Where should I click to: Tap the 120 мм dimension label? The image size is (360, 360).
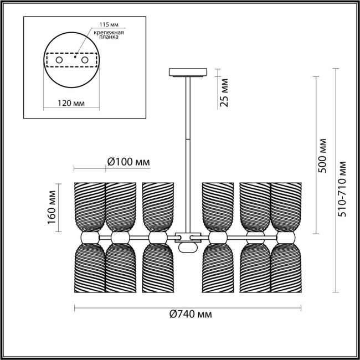[x=71, y=103]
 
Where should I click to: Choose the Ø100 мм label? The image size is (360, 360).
[x=127, y=162]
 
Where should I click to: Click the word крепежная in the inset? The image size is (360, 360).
[x=111, y=34]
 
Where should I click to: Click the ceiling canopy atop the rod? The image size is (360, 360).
[x=188, y=72]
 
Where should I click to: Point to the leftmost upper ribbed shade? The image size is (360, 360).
[x=89, y=206]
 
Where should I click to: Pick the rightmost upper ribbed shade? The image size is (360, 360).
[x=286, y=206]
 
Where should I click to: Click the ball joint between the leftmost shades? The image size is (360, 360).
[x=88, y=237]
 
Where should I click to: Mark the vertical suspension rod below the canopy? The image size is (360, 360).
[x=188, y=144]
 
